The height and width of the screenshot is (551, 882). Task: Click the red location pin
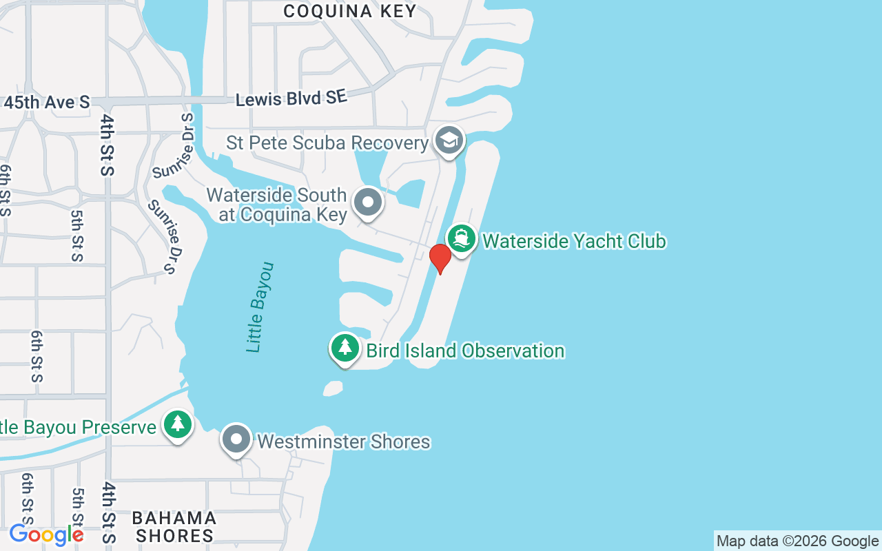click(x=440, y=258)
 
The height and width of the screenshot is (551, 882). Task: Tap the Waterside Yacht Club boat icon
click(x=462, y=239)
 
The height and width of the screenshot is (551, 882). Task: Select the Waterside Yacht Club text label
click(x=574, y=241)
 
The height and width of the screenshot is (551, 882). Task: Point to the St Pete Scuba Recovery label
click(x=327, y=143)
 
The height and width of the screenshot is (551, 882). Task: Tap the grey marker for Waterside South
click(x=368, y=202)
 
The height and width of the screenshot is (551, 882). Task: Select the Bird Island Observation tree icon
click(x=345, y=348)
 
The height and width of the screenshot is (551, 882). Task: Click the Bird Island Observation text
click(x=465, y=351)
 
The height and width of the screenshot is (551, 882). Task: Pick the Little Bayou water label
click(x=260, y=307)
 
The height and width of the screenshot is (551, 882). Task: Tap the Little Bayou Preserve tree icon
click(x=178, y=424)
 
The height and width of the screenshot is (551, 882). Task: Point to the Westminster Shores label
click(x=344, y=441)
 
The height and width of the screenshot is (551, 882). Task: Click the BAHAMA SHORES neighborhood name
click(x=174, y=527)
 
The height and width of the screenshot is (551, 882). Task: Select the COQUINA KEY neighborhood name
click(x=350, y=11)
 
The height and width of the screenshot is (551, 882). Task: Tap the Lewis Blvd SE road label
click(x=291, y=99)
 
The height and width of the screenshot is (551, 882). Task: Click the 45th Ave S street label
click(x=47, y=103)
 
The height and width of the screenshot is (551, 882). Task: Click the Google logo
click(x=46, y=534)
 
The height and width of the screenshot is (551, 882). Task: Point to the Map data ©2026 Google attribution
click(x=797, y=541)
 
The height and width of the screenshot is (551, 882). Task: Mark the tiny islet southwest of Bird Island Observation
click(x=333, y=389)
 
